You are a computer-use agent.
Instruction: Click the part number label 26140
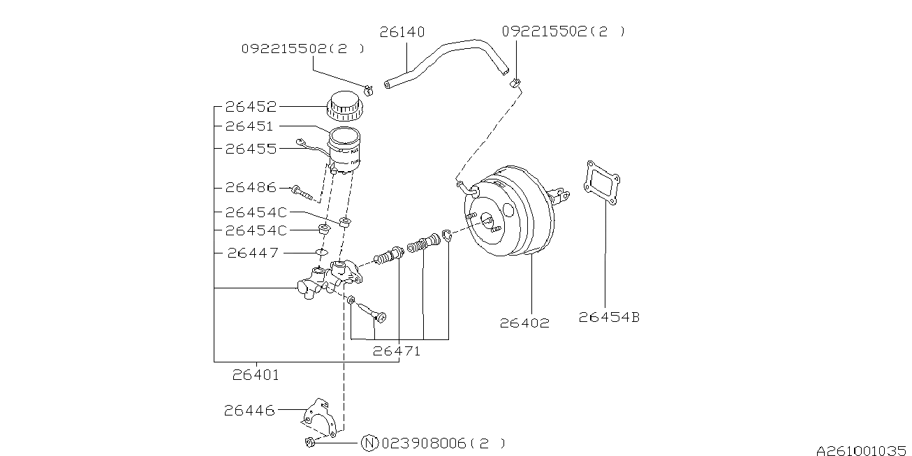coord(402,32)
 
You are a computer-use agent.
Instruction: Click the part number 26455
coord(251,149)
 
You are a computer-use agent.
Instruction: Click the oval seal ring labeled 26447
coord(321,252)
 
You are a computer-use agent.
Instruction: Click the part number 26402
coord(524,323)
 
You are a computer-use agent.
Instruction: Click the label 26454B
coord(609,317)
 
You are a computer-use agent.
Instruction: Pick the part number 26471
coord(396,351)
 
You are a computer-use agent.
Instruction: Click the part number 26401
coord(256,375)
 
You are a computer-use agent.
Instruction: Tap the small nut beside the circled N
coord(310,442)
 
